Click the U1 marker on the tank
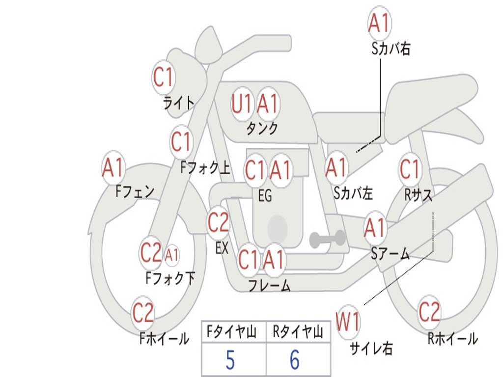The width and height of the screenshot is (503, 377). (x=241, y=104)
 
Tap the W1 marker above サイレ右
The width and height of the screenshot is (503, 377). (x=348, y=322)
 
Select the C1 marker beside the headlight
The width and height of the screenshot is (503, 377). (x=163, y=77)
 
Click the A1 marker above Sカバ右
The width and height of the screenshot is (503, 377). (x=379, y=23)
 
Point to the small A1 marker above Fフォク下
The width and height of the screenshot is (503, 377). (x=171, y=255)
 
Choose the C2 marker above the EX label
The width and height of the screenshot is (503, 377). (x=219, y=222)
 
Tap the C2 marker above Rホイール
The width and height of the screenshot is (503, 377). (x=429, y=312)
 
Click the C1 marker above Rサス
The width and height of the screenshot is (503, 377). (x=410, y=168)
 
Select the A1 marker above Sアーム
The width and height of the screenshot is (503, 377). (x=375, y=228)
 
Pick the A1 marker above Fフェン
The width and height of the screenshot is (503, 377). (x=113, y=167)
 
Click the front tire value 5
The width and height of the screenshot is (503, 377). (x=230, y=360)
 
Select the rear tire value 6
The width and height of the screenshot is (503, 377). (x=295, y=360)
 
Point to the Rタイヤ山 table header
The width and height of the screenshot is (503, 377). (x=298, y=331)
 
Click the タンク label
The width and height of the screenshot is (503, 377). (x=262, y=128)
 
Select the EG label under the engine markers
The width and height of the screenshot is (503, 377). (x=265, y=195)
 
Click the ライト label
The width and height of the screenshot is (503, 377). (x=179, y=103)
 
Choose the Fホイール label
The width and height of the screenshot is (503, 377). (x=164, y=338)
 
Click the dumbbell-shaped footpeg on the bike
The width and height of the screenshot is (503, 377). (x=327, y=239)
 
